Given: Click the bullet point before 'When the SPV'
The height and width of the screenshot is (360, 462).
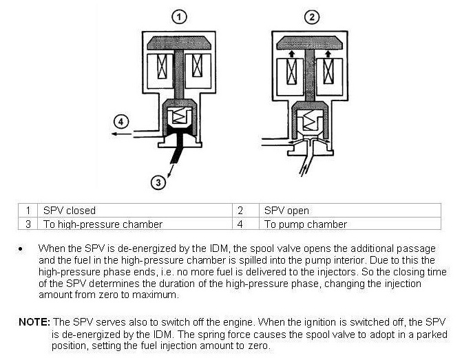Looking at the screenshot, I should coord(23,248).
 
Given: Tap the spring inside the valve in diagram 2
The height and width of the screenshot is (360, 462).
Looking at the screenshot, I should coord(311,123).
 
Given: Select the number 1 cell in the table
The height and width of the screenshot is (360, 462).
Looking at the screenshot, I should coord(28,211).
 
